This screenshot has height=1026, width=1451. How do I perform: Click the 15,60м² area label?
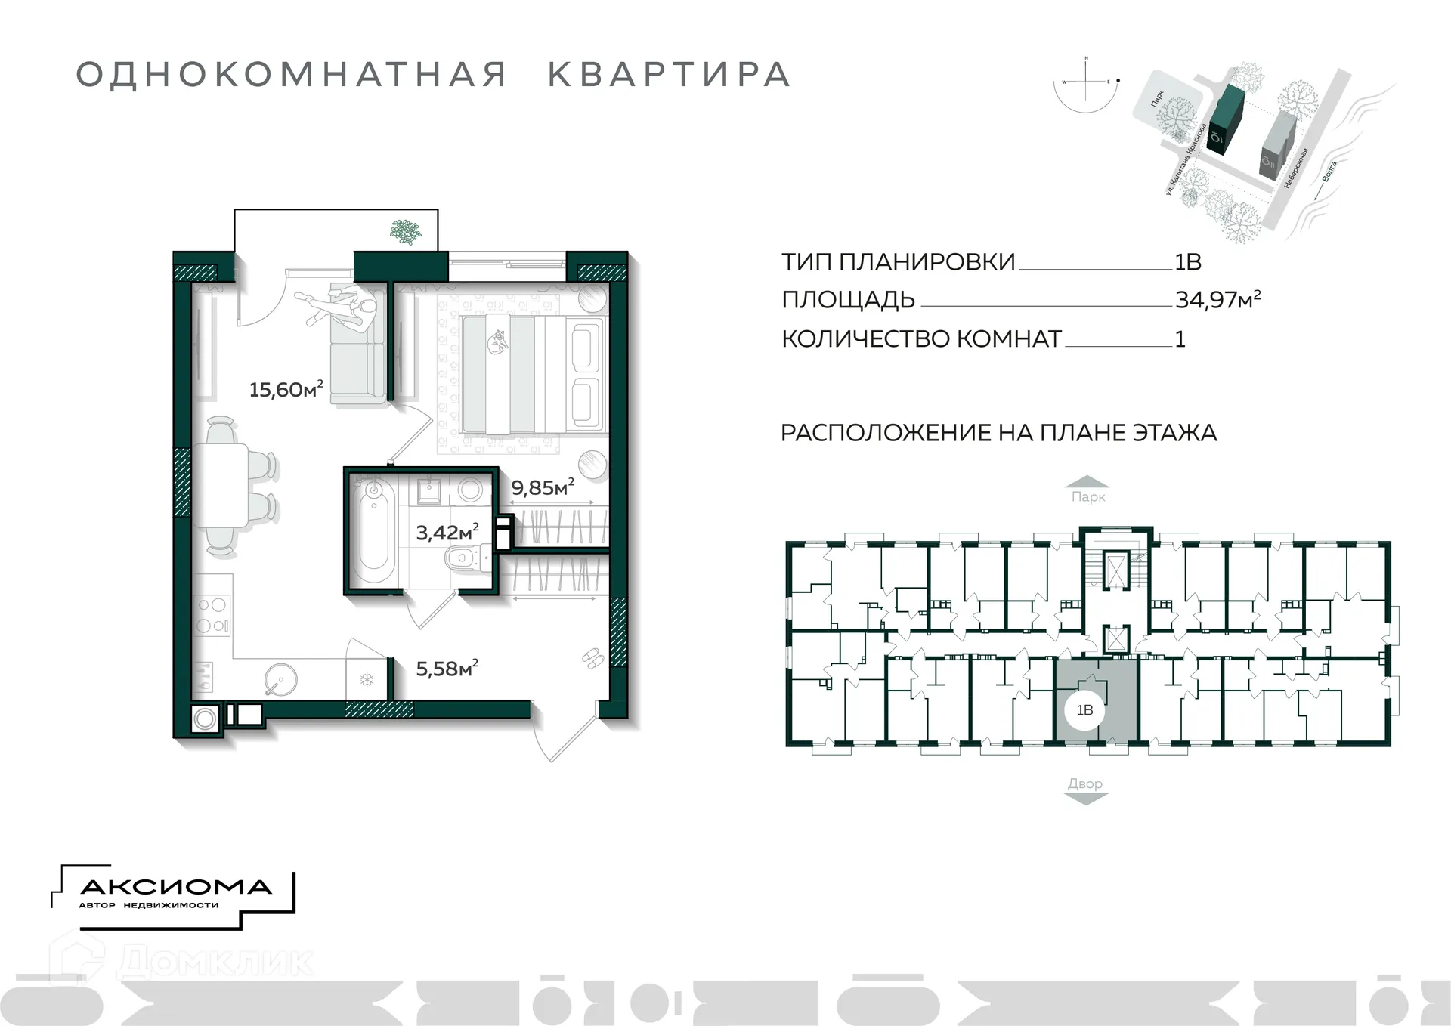point(286,389)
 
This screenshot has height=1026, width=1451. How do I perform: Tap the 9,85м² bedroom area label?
point(542,487)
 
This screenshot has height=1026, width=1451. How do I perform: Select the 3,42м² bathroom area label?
point(447,533)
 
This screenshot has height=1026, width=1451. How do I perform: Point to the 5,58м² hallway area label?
point(447,669)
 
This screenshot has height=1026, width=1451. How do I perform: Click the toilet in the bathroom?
point(463,560)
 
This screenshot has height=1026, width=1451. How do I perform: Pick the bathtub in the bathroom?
point(373,528)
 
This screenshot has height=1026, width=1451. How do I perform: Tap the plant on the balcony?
point(406,231)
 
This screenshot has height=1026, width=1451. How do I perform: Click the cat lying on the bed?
point(497,342)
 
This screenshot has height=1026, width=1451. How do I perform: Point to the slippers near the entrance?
point(591,658)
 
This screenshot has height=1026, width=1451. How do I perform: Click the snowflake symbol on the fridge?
point(367,680)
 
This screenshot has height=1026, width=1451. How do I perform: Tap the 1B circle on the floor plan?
point(1084,709)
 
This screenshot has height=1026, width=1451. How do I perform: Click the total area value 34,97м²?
point(1217,300)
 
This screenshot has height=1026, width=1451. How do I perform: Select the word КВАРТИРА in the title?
point(669,75)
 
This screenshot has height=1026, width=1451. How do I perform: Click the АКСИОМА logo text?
point(175,887)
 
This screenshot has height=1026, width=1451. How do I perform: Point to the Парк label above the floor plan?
point(1087,497)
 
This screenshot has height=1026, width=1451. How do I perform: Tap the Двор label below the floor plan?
point(1085,783)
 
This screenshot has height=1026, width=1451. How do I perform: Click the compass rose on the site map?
point(1087,82)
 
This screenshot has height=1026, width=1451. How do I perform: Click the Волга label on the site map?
point(1330,173)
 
